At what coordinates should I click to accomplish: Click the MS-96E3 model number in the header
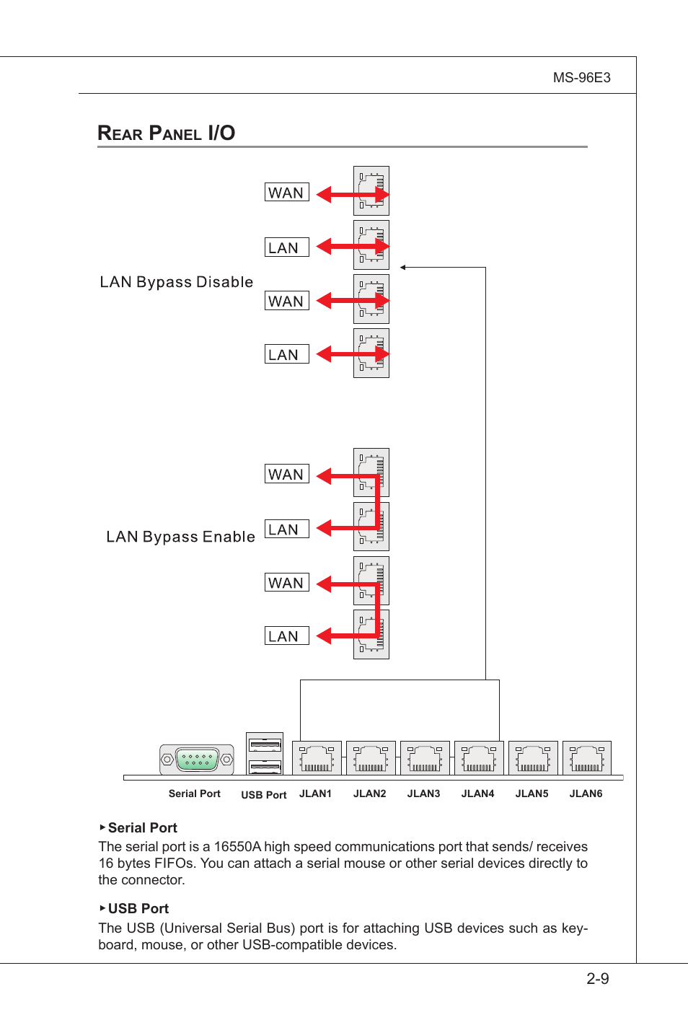[x=581, y=78]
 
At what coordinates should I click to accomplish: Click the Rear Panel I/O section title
[x=167, y=133]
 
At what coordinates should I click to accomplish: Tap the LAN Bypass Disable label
[x=177, y=282]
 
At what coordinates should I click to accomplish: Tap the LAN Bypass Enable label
[x=180, y=537]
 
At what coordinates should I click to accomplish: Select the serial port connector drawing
[x=196, y=759]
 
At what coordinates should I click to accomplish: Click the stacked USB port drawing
[x=265, y=754]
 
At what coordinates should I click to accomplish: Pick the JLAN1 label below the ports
[x=315, y=794]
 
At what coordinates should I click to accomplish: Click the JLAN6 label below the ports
[x=586, y=794]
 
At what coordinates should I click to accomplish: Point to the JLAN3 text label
[x=423, y=794]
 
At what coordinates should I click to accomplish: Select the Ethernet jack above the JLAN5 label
[x=533, y=758]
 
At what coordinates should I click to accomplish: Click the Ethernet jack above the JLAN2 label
[x=371, y=758]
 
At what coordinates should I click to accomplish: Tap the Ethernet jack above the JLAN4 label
[x=479, y=758]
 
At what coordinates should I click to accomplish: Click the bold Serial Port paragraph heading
[x=142, y=828]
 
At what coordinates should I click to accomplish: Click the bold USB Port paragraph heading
[x=138, y=909]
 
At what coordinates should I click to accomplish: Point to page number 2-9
[x=597, y=979]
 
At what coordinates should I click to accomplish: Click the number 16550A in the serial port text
[x=237, y=847]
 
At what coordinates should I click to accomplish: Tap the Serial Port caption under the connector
[x=194, y=794]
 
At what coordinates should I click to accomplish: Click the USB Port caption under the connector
[x=263, y=795]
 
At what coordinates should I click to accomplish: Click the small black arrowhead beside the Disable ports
[x=403, y=268]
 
